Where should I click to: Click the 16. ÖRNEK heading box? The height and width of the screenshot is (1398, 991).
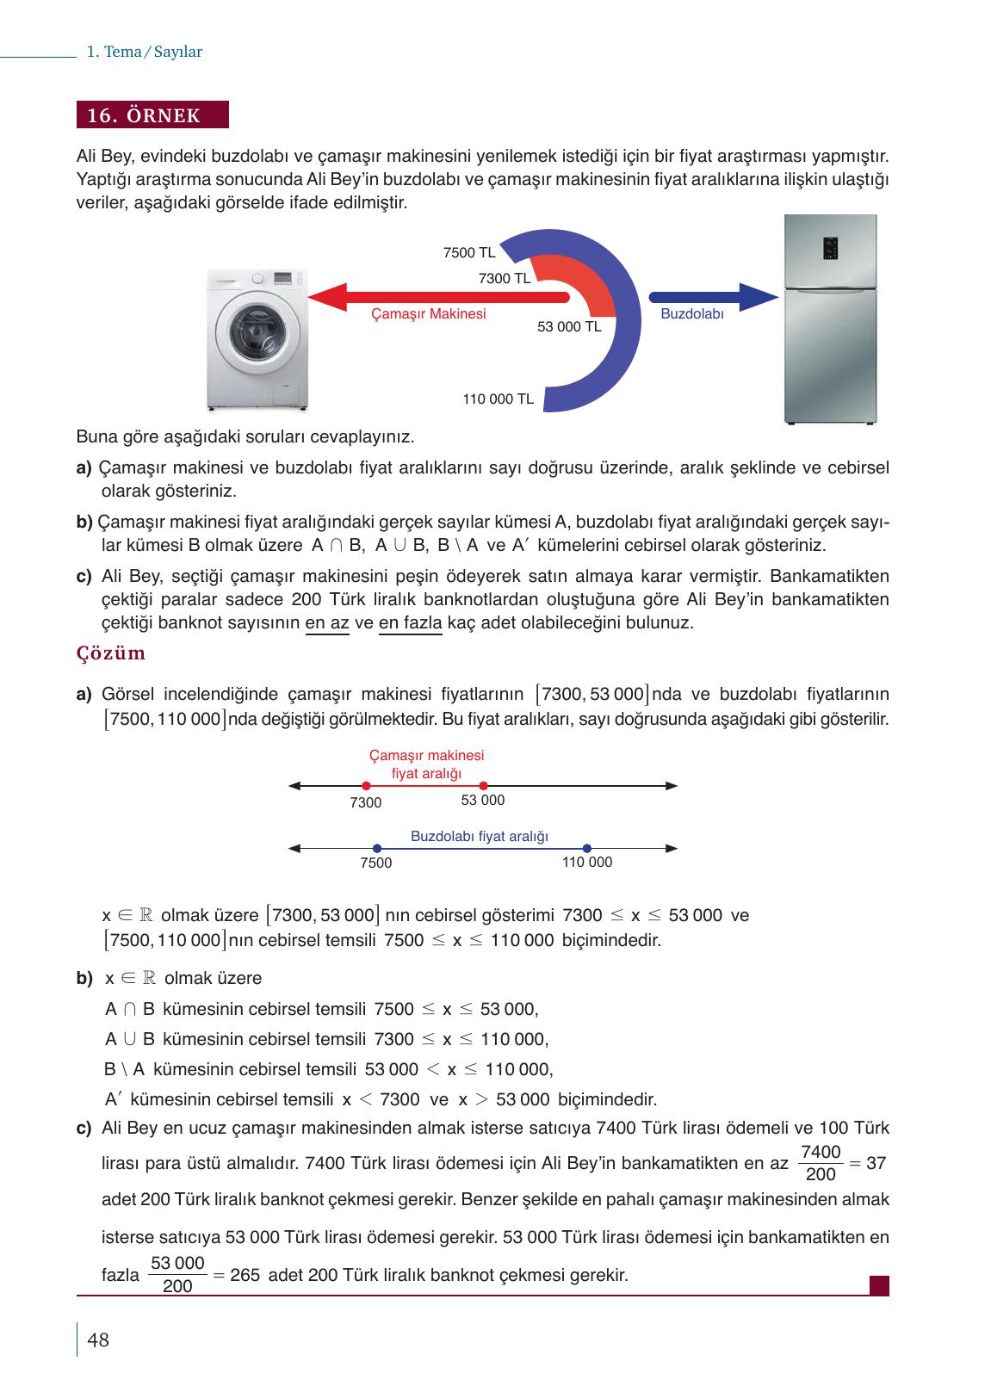152,115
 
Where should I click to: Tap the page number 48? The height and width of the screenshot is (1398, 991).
98,1339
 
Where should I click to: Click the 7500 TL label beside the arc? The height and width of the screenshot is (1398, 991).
469,252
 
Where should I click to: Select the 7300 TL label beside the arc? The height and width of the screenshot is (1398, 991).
505,278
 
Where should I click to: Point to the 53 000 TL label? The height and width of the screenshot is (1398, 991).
569,327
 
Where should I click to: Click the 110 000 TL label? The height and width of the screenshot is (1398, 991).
498,399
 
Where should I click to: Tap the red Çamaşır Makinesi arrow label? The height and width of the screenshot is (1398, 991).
428,314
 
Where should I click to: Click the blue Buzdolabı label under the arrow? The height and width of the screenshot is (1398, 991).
691,314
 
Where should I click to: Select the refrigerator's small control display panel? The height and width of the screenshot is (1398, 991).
830,248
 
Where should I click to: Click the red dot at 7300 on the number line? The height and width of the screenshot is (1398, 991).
367,786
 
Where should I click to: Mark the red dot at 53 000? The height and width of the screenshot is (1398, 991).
484,786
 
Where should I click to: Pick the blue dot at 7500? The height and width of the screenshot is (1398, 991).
377,849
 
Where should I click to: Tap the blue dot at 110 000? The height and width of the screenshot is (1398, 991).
587,849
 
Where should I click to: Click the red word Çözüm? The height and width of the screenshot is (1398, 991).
111,653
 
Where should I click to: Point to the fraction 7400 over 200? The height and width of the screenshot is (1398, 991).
821,1163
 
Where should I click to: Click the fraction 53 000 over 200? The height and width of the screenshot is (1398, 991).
177,1274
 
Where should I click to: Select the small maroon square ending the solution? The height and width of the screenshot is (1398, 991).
879,1285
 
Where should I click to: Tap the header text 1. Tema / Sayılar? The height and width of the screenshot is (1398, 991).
145,52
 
